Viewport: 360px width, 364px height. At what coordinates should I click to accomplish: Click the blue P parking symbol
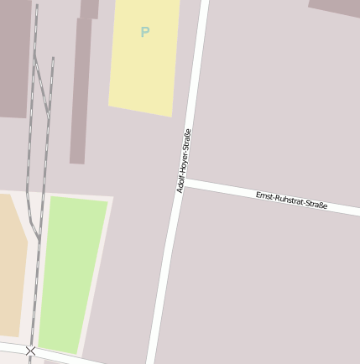tap(144, 33)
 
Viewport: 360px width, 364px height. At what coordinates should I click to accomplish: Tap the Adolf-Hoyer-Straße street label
tap(184, 160)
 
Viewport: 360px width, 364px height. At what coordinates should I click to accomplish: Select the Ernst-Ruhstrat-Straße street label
tap(291, 200)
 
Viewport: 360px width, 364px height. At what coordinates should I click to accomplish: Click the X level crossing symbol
tap(31, 351)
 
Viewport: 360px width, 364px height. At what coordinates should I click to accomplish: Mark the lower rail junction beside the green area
tap(39, 240)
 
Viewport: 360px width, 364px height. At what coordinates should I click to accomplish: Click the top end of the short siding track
tap(52, 59)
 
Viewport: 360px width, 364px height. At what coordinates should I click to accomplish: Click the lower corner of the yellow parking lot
tap(172, 116)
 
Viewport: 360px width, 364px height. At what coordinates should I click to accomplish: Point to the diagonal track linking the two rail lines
tap(40, 84)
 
